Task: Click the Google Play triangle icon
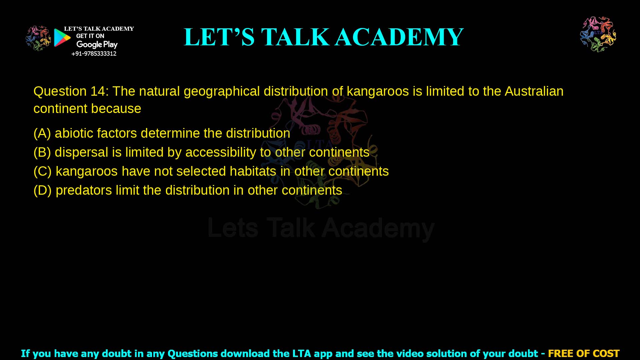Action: click(62, 38)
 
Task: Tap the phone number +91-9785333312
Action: click(94, 54)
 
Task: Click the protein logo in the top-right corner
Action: click(598, 34)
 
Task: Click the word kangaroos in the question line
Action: click(378, 91)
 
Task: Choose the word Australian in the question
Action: click(534, 91)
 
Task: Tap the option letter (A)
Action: click(42, 133)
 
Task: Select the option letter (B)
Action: click(42, 152)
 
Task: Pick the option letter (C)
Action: click(42, 171)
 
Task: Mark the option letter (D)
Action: click(42, 190)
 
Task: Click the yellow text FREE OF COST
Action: click(584, 353)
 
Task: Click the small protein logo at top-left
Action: click(38, 38)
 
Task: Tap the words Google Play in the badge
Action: click(97, 45)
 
